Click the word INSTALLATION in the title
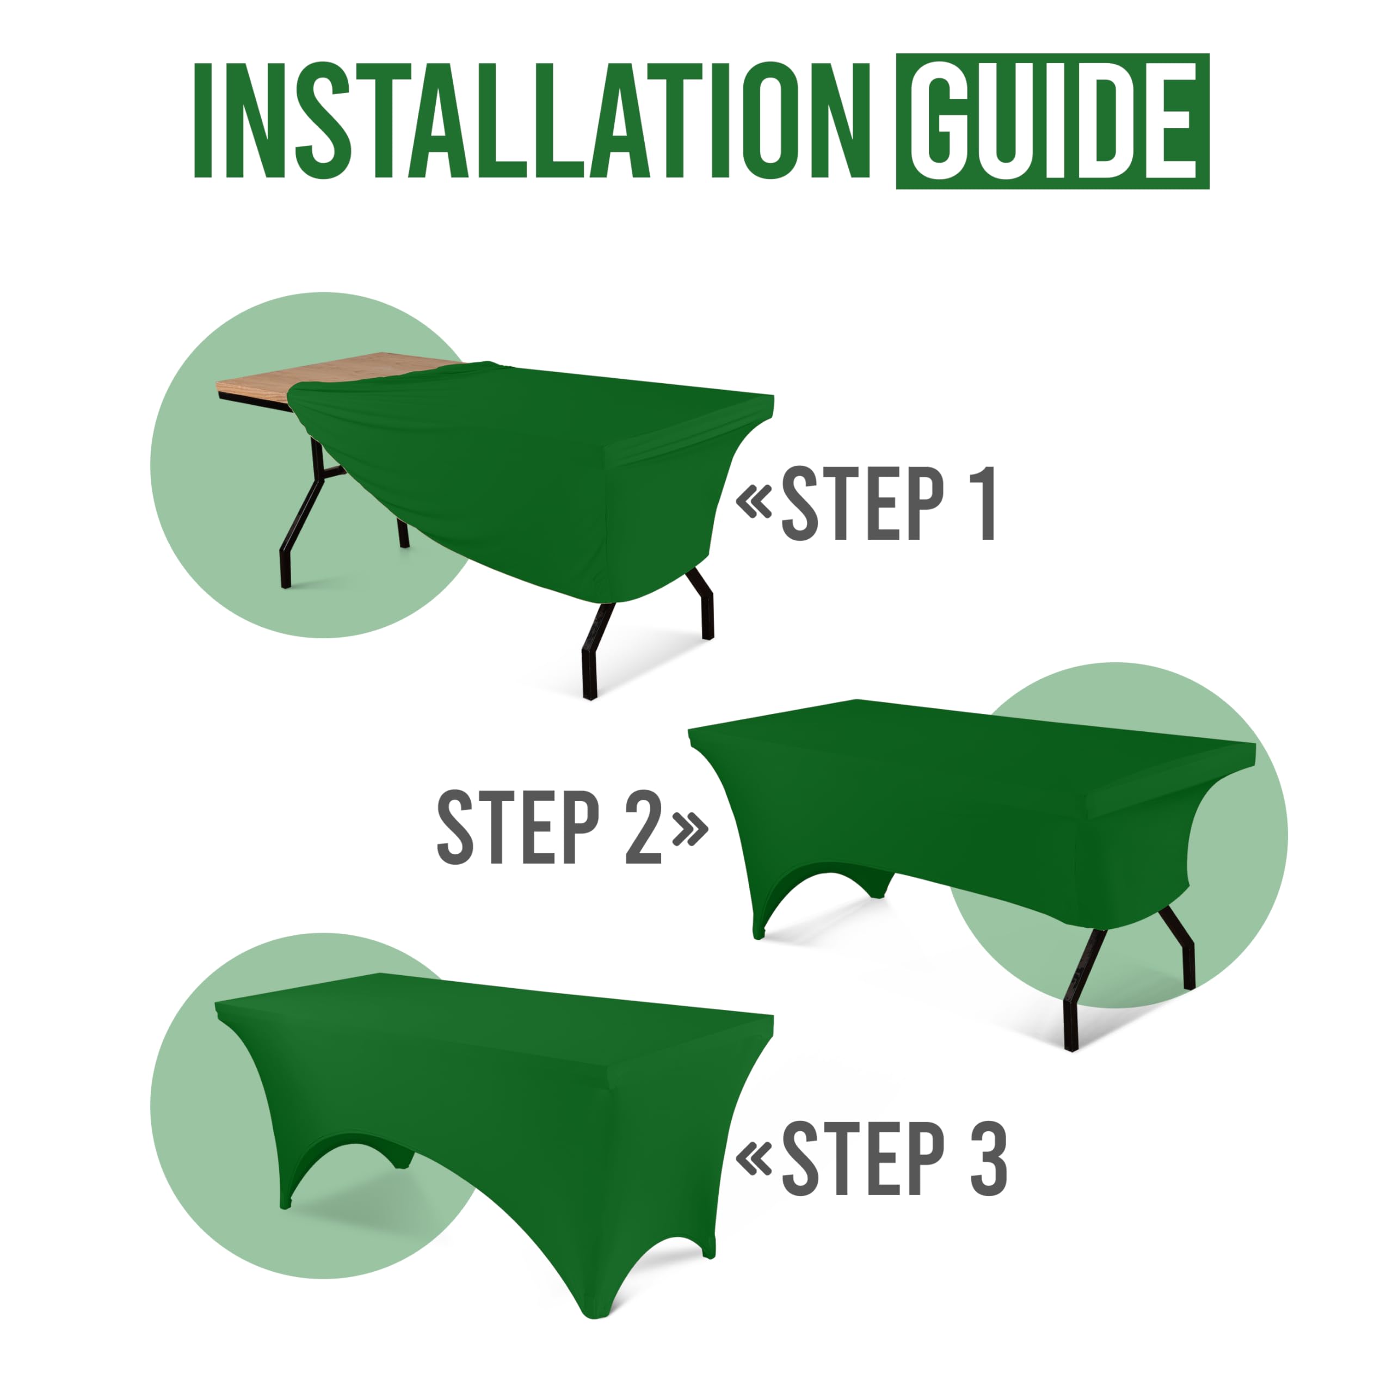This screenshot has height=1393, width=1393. [x=532, y=120]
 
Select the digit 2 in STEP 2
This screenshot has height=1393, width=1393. [x=643, y=827]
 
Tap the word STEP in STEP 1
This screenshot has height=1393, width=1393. [x=862, y=503]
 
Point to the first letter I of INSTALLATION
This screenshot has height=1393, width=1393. [x=202, y=120]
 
